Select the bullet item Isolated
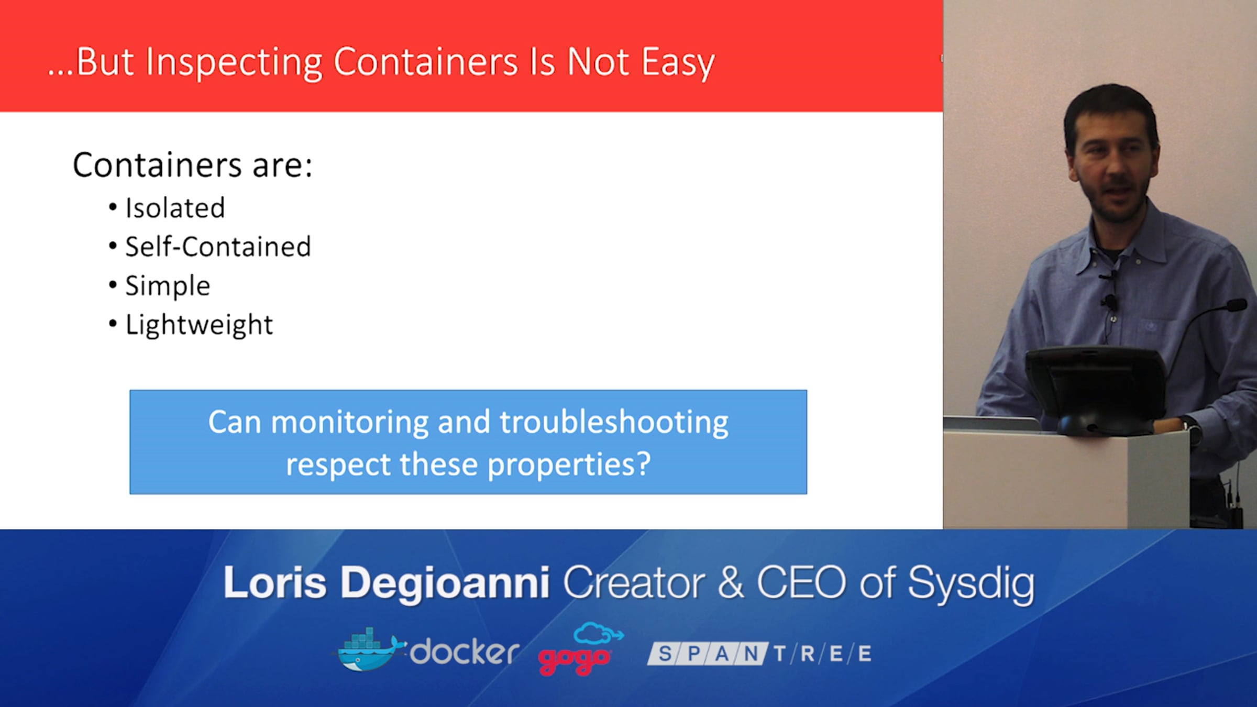coord(175,208)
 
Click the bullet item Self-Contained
coord(218,247)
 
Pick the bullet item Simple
coord(168,286)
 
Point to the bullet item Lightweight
coord(199,325)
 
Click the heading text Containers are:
coord(193,165)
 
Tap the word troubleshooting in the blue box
coord(614,423)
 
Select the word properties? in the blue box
coord(569,465)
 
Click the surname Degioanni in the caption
coord(445,584)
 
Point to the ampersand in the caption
coord(731,582)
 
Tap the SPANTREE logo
coord(759,654)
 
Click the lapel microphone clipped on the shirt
coord(1109,302)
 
